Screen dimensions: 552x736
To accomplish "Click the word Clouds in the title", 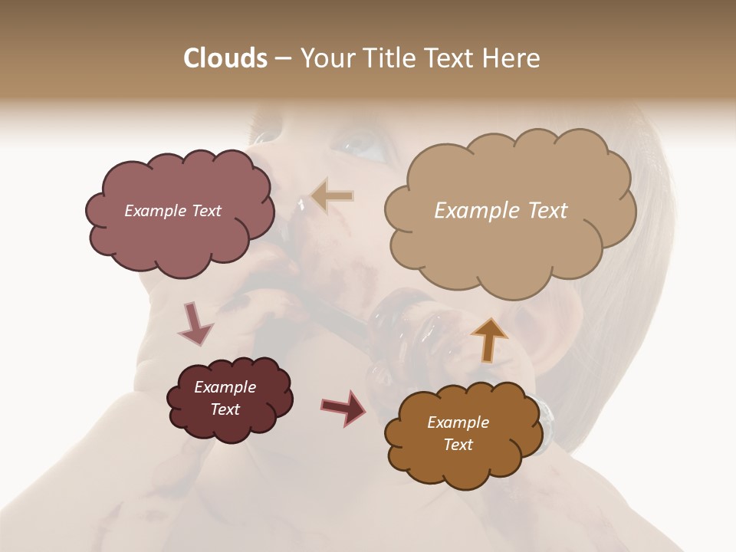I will point(226,58).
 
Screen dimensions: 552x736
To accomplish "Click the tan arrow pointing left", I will point(333,197).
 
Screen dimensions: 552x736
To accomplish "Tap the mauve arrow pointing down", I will point(195,323).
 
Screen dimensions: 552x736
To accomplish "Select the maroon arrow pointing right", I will point(343,407).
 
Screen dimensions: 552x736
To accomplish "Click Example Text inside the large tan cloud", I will point(501,211).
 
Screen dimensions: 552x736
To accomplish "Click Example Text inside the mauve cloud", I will point(172,211).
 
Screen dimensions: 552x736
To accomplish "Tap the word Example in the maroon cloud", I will point(225,387).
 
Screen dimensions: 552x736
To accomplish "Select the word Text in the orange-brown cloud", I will point(458,445).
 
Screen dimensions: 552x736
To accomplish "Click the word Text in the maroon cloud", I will point(225,409).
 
